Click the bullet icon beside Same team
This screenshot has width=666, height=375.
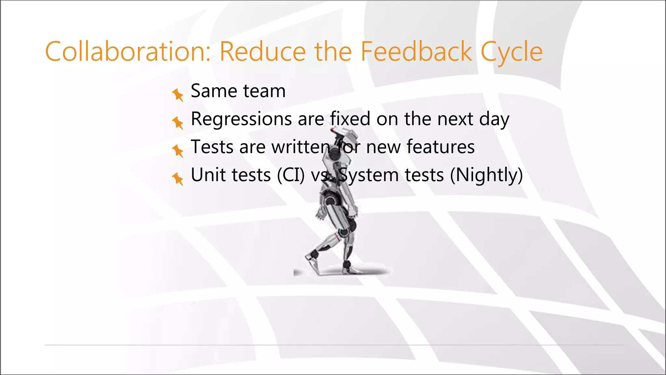178,95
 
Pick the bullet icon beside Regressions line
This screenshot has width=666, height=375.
178,123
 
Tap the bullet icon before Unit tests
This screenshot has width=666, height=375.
178,179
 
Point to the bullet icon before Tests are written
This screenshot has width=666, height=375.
178,151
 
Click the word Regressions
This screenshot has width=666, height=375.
241,119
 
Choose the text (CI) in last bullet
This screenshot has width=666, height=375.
291,175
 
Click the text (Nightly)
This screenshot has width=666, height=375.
486,175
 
